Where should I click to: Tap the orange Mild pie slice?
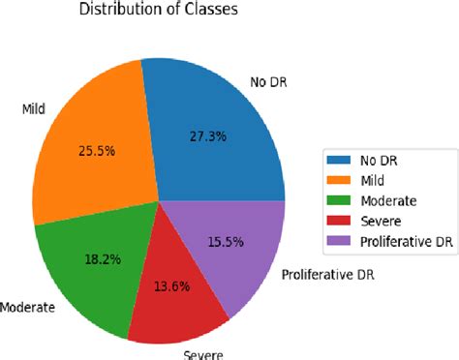tap(92, 145)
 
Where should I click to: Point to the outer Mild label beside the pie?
tap(34, 108)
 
